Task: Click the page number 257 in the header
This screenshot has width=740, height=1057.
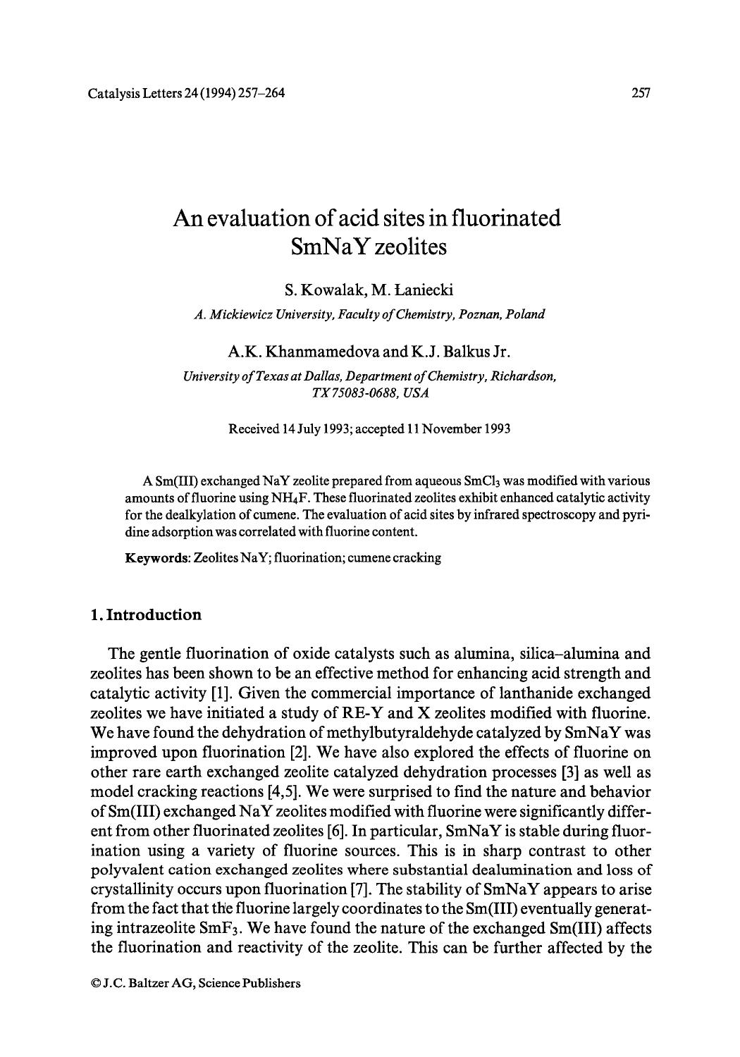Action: (641, 92)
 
